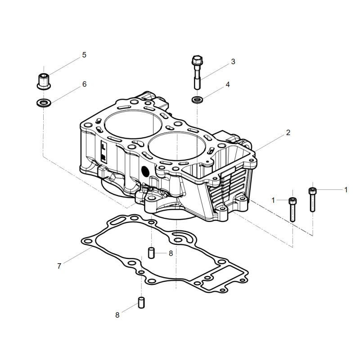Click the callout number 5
click(x=84, y=55)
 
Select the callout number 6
click(x=85, y=84)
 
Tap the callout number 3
click(x=233, y=62)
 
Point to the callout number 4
click(x=228, y=85)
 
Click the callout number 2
click(x=288, y=132)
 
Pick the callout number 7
click(x=59, y=266)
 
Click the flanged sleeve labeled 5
click(x=44, y=81)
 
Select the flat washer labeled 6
click(x=44, y=103)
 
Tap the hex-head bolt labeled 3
click(x=197, y=72)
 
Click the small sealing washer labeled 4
click(x=197, y=100)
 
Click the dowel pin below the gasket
click(x=141, y=302)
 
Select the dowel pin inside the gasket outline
click(x=151, y=253)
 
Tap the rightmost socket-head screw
click(x=312, y=200)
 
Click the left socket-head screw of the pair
click(x=292, y=210)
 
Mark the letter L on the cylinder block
click(x=104, y=147)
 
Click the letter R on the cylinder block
click(x=104, y=157)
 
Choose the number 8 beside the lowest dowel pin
click(x=117, y=315)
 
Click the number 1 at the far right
click(x=346, y=190)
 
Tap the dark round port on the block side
click(x=145, y=172)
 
